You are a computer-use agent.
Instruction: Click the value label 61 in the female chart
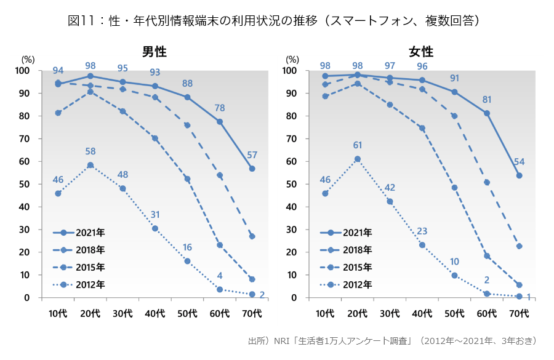(x=358, y=145)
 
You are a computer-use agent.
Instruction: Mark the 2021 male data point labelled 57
(x=252, y=169)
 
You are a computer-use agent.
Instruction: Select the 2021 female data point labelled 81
(x=487, y=113)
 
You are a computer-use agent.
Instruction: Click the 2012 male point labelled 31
(x=155, y=228)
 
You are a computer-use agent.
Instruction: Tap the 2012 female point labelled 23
(x=422, y=245)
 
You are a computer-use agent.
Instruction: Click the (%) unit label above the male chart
(x=28, y=59)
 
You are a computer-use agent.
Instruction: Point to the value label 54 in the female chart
(x=520, y=162)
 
